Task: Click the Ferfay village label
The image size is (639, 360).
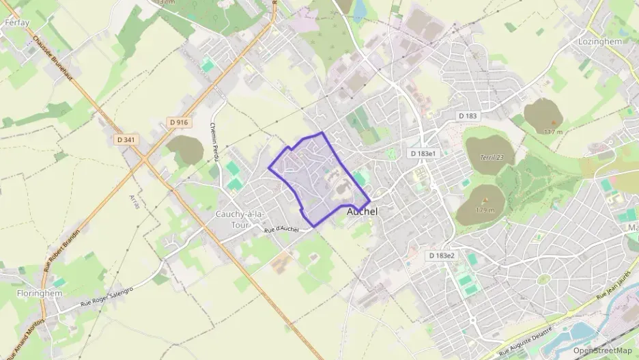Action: (x=17, y=23)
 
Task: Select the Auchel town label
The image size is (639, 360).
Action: (x=362, y=212)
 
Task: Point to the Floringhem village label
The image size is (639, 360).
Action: (x=40, y=293)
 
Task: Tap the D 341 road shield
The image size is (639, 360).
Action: (x=125, y=139)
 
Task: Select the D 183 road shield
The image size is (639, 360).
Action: (x=468, y=116)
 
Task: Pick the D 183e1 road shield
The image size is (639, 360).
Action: (x=423, y=154)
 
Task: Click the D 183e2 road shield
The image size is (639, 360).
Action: (x=441, y=255)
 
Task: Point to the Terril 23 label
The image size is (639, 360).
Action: (x=492, y=157)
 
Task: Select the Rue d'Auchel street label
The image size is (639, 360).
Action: (x=281, y=230)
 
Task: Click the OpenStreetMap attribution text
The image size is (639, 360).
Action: (x=603, y=350)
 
